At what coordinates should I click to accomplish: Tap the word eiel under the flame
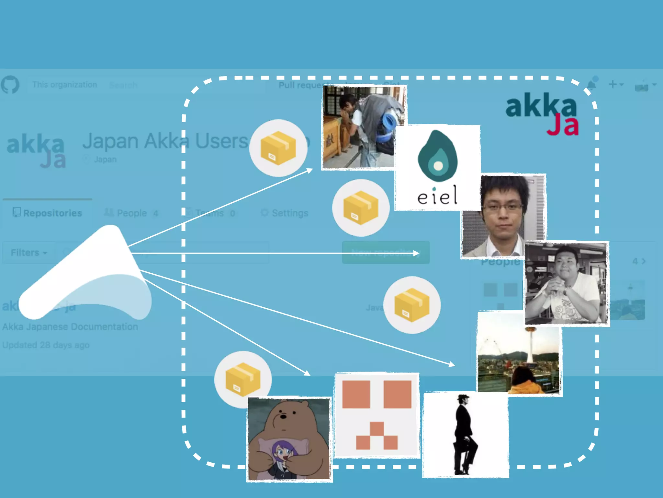[437, 196]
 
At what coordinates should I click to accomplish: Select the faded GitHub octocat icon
[10, 85]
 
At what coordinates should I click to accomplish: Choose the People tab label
[131, 213]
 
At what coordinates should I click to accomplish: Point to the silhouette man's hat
[463, 397]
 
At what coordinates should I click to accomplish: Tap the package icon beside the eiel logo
[361, 208]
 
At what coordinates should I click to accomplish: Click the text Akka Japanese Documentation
[70, 326]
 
